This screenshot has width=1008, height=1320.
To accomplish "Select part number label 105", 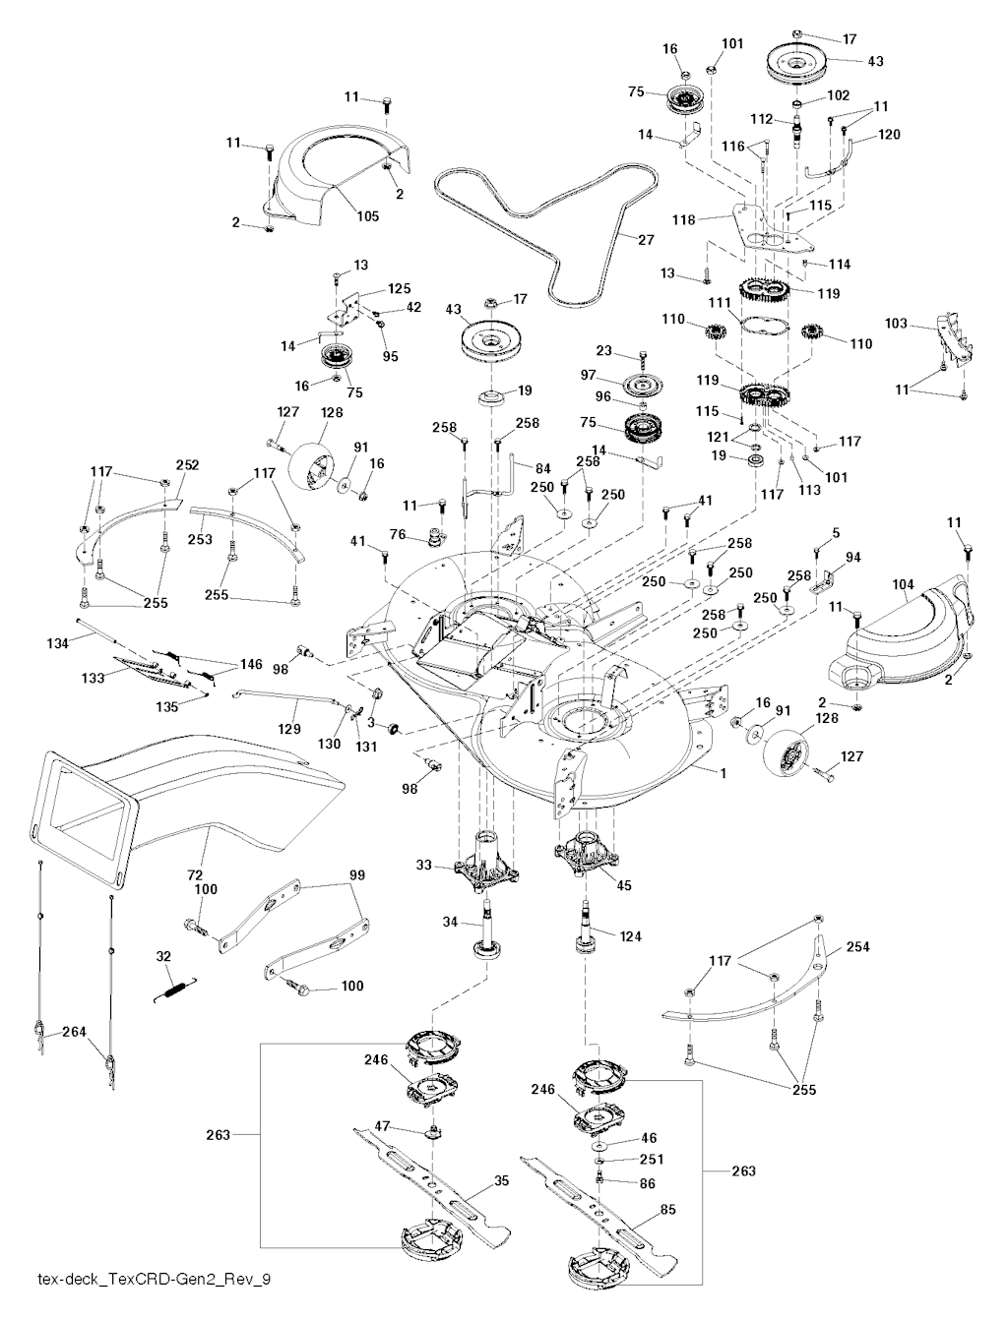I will tap(367, 216).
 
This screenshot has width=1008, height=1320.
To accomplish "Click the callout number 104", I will tap(904, 584).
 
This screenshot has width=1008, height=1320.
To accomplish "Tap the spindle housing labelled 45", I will tap(591, 856).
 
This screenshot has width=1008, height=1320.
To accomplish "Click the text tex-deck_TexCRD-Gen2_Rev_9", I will tap(153, 1280).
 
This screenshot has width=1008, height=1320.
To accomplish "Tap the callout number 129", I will tap(288, 730).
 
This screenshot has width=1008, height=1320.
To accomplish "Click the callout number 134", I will tap(57, 643).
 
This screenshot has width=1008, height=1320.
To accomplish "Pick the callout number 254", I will tap(857, 947).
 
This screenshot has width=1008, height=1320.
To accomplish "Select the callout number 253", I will tap(200, 539).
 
